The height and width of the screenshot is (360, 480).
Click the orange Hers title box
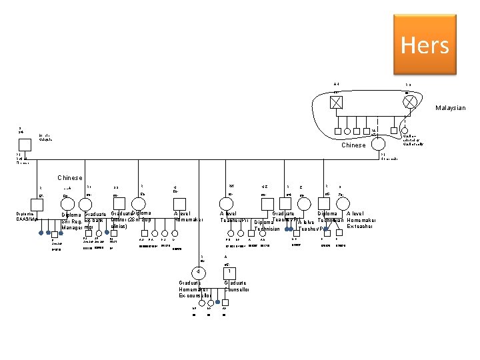pos(425,45)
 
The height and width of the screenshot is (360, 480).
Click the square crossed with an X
pos(337,102)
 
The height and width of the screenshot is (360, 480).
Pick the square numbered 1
pos(229,272)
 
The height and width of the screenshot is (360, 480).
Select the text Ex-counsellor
pos(195,295)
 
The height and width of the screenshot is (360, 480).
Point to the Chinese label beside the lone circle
pos(353,145)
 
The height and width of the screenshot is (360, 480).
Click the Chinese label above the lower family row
pos(69,178)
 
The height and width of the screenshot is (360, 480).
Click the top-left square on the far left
pos(24,145)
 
